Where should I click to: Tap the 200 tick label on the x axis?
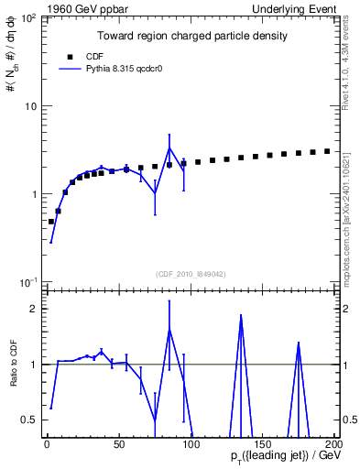333,445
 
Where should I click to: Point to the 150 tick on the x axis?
261,445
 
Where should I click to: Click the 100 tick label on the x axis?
190,445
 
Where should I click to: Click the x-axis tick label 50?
117,445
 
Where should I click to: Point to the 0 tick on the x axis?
46,445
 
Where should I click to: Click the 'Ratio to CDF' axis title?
13,364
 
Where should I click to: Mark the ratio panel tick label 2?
31,309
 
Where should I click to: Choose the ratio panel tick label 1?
31,365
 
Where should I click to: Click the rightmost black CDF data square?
328,151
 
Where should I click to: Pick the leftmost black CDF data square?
51,222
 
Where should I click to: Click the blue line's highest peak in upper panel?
169,148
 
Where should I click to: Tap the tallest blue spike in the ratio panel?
241,315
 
